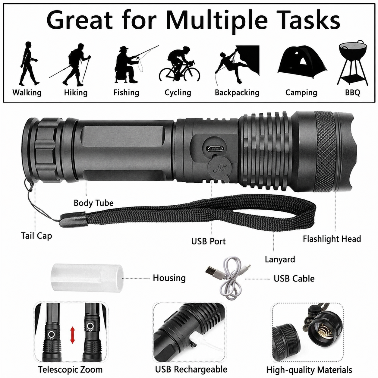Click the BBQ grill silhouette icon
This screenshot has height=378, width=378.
pos(352,63)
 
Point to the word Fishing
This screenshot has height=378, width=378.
pos(126,93)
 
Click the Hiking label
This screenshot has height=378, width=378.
pos(76,93)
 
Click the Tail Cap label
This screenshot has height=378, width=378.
pos(36,236)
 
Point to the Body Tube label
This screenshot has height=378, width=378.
pos(93,203)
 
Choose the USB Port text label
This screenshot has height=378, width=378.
pos(208,241)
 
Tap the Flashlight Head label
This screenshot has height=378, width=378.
pos(332,239)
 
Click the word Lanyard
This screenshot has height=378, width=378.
pos(280,259)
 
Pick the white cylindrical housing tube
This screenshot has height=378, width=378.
pos(87,278)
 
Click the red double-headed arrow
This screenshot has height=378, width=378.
pos(73,335)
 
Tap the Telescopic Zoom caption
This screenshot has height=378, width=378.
pos(70,370)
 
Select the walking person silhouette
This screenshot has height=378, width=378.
pos(29,63)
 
